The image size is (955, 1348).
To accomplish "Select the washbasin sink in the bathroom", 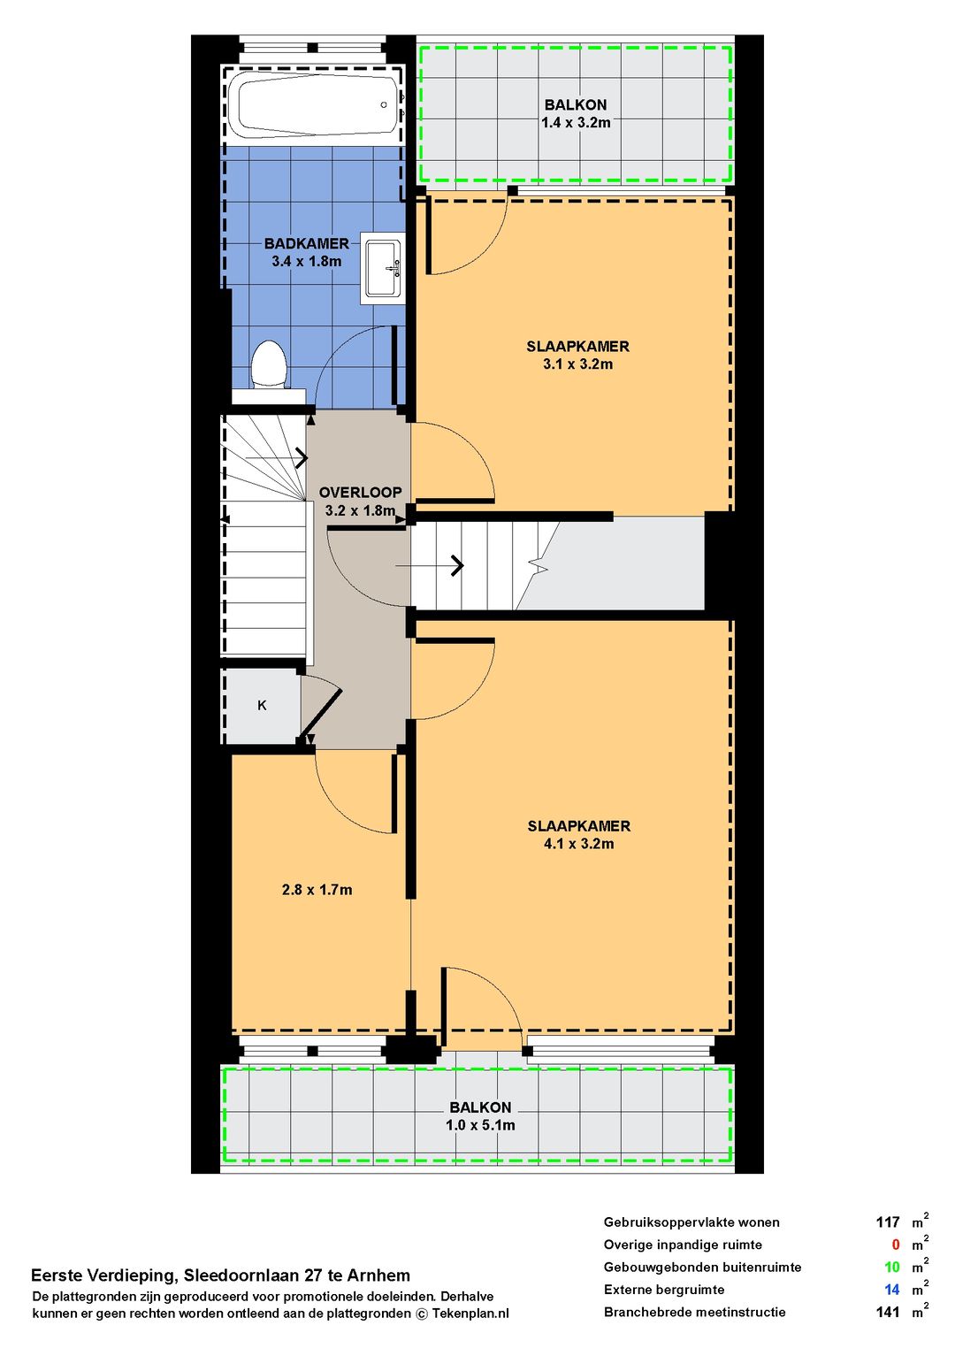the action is pos(382,268).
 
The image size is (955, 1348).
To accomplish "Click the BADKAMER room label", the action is pos(306,244).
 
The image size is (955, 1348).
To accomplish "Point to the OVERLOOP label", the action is pos(360,493).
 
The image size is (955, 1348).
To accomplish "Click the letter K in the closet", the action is pos(262,705).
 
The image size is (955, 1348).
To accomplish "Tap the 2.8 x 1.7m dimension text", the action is pos(317,890).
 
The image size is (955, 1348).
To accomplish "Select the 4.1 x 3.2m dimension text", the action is pos(578,844).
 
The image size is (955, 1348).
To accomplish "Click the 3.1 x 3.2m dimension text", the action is pos(577,364).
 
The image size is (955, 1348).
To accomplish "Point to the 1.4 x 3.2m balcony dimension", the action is pos(576,123).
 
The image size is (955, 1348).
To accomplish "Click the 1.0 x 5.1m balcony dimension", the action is pos(479,1125).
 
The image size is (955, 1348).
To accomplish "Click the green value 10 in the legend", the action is pos(892,1267).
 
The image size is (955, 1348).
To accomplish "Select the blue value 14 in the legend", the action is pos(892,1289).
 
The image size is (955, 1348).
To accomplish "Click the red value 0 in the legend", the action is pos(896,1245).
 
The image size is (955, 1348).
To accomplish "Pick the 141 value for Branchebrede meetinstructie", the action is pos(888,1312).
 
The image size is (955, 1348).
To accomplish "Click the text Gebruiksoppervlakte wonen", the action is pos(691,1222).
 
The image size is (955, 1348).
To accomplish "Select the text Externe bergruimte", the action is pos(664,1290).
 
